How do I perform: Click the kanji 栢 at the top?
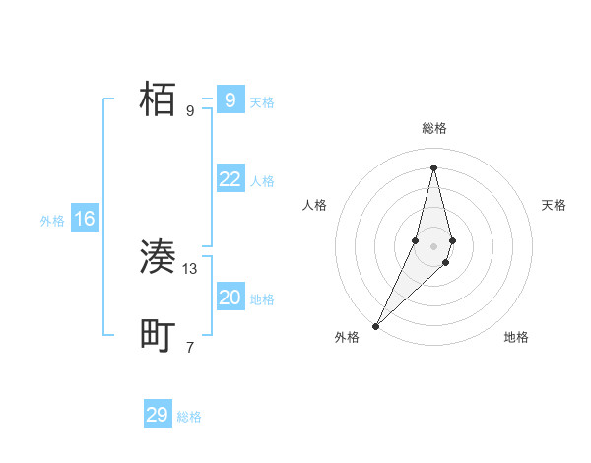click(158, 99)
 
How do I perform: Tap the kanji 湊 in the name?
click(158, 258)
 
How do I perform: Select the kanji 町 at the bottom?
click(158, 336)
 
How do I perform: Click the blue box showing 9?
click(230, 100)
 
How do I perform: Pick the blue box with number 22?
click(230, 179)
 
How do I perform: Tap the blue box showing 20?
click(230, 298)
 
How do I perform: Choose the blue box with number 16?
click(84, 219)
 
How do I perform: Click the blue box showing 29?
click(158, 415)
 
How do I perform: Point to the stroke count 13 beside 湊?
click(190, 268)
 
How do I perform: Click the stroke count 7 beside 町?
click(190, 347)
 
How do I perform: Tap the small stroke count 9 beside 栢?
click(190, 110)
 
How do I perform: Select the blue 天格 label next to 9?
click(262, 102)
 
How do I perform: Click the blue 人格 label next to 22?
click(262, 181)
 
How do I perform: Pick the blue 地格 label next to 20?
click(262, 299)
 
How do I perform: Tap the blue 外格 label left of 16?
click(52, 221)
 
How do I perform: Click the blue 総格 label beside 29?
click(189, 417)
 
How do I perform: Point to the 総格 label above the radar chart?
click(433, 129)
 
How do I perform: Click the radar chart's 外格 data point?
click(376, 325)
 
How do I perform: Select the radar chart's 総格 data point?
click(433, 167)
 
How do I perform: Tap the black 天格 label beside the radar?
click(554, 205)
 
